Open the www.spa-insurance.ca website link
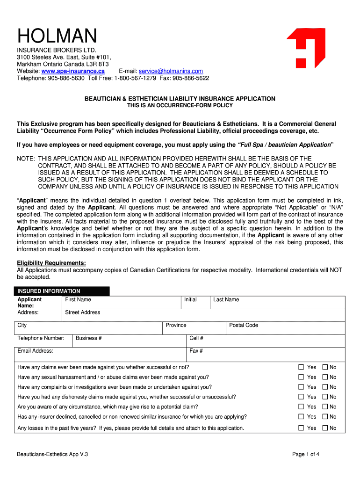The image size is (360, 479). pyautogui.click(x=76, y=71)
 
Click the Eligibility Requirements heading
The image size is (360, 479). pyautogui.click(x=51, y=263)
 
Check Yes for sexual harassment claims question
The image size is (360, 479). pyautogui.click(x=302, y=377)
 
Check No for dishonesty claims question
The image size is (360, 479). pyautogui.click(x=325, y=397)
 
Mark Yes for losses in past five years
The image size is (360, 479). pyautogui.click(x=302, y=428)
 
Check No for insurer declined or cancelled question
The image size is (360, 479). pyautogui.click(x=325, y=416)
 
